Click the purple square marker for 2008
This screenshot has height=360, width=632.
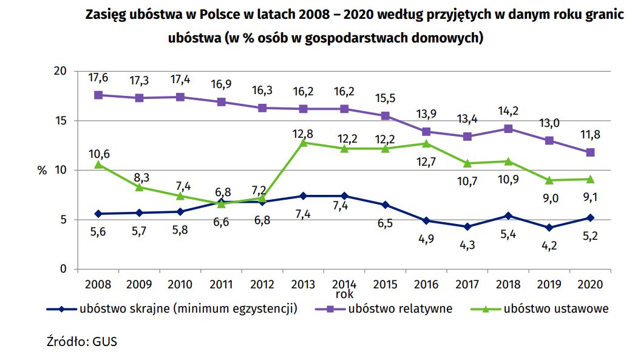point(98,95)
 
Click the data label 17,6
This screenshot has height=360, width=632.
point(98,78)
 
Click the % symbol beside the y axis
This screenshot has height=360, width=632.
point(42,171)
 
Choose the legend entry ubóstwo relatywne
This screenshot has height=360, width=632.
point(399,308)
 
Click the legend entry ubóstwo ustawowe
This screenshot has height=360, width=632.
point(556,308)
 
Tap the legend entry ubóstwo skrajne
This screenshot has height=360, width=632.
point(188,308)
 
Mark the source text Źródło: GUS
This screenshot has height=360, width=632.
point(81,341)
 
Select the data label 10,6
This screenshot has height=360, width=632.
point(98,154)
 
